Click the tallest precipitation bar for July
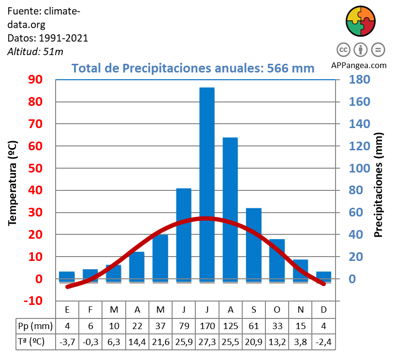point(207,184)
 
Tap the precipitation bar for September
point(254,244)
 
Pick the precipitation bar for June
point(184,234)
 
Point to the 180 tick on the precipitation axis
point(359,80)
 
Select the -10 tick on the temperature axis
point(33,301)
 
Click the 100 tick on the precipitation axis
point(359,169)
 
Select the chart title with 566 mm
point(193,68)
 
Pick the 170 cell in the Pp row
point(207,325)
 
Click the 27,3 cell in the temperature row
point(207,342)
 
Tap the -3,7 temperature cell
point(67,342)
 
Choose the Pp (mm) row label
point(34,325)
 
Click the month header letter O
point(277,309)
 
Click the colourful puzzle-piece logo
point(361,21)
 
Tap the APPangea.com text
point(359,65)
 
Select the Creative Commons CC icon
point(343,50)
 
